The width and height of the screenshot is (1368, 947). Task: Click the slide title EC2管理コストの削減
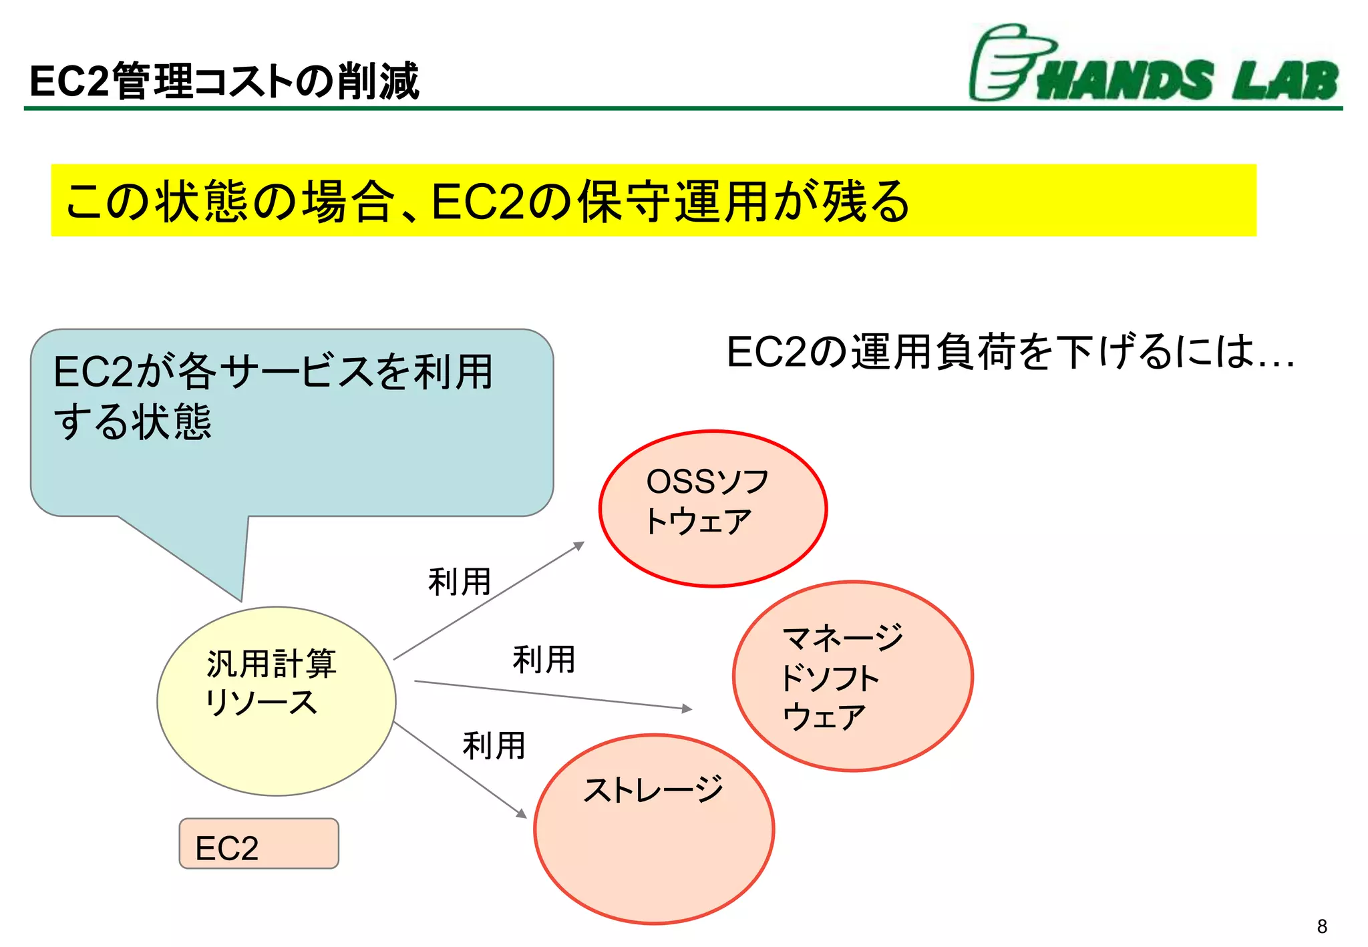pos(224,81)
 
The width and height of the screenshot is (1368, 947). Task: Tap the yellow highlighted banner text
pos(488,201)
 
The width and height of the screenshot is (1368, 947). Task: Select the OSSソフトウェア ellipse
pos(713,509)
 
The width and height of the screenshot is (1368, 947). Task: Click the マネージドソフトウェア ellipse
pos(853,676)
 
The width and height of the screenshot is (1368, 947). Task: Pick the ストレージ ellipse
pos(654,829)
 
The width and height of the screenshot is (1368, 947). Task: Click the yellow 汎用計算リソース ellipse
pos(276,701)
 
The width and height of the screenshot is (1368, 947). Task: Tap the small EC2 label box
pos(259,844)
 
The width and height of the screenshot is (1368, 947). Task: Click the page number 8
pos(1322,926)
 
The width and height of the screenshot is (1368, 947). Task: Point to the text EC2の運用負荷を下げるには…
pos(1010,352)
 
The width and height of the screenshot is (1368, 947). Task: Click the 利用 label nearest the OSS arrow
pos(460,582)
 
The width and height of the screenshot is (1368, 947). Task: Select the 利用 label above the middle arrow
pos(544,660)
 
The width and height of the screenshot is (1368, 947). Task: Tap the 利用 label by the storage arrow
pos(494,745)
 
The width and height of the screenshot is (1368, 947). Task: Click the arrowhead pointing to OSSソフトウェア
pos(580,545)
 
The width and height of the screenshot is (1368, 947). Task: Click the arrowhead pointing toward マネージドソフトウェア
pos(687,709)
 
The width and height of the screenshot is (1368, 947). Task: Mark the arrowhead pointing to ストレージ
pos(522,813)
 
